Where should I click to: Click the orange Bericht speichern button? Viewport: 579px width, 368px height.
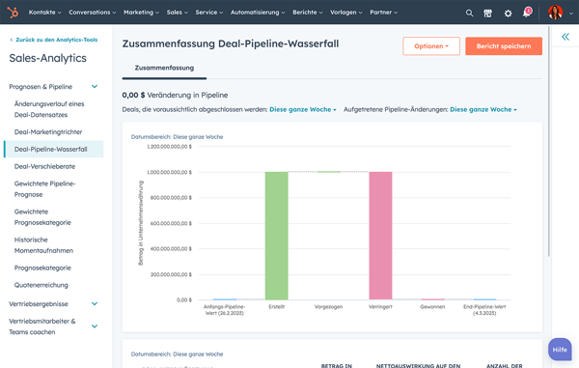pos(503,46)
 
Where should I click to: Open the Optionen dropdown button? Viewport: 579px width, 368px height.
pos(430,46)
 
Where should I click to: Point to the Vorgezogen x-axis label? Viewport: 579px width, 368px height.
pos(328,306)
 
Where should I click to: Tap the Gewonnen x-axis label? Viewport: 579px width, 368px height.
pos(432,306)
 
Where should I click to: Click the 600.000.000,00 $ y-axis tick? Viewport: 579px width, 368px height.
pos(170,223)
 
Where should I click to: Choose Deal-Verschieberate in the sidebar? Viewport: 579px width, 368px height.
pos(45,166)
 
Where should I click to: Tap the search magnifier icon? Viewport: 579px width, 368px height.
pos(470,13)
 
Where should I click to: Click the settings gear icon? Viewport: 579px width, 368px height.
pos(509,13)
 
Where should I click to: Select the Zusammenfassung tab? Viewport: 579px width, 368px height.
pos(164,69)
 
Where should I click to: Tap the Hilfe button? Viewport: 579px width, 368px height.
pos(560,349)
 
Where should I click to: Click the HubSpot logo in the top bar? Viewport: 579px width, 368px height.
pos(13,13)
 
